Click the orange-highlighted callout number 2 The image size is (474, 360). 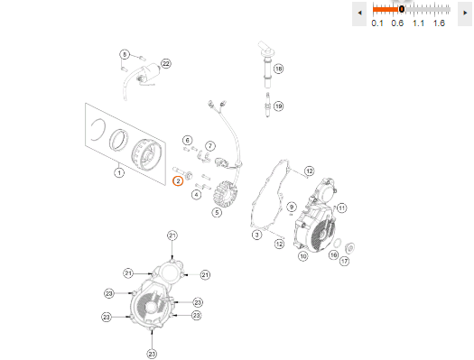pos(178,181)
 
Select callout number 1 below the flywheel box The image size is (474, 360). pos(119,172)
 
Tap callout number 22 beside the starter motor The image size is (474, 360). pos(166,63)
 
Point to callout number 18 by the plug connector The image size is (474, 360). pos(278,69)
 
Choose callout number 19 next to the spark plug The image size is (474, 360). pos(278,106)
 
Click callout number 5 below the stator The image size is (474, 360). pos(217,212)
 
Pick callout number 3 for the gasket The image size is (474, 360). pos(257,235)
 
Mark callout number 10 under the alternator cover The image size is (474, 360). pos(303,256)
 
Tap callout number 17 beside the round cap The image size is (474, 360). pos(344,261)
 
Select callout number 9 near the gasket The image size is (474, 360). pos(292,207)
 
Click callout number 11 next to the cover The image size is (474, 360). pos(341,208)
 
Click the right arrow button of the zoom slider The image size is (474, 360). pos(465,13)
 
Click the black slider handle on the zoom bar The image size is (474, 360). pos(402,9)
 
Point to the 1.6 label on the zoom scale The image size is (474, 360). pos(439,23)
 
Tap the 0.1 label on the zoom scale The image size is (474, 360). pos(377,23)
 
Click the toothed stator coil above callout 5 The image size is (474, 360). pos(226,194)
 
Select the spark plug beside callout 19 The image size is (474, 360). pos(267,105)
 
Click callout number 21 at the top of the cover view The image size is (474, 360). pos(172,235)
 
